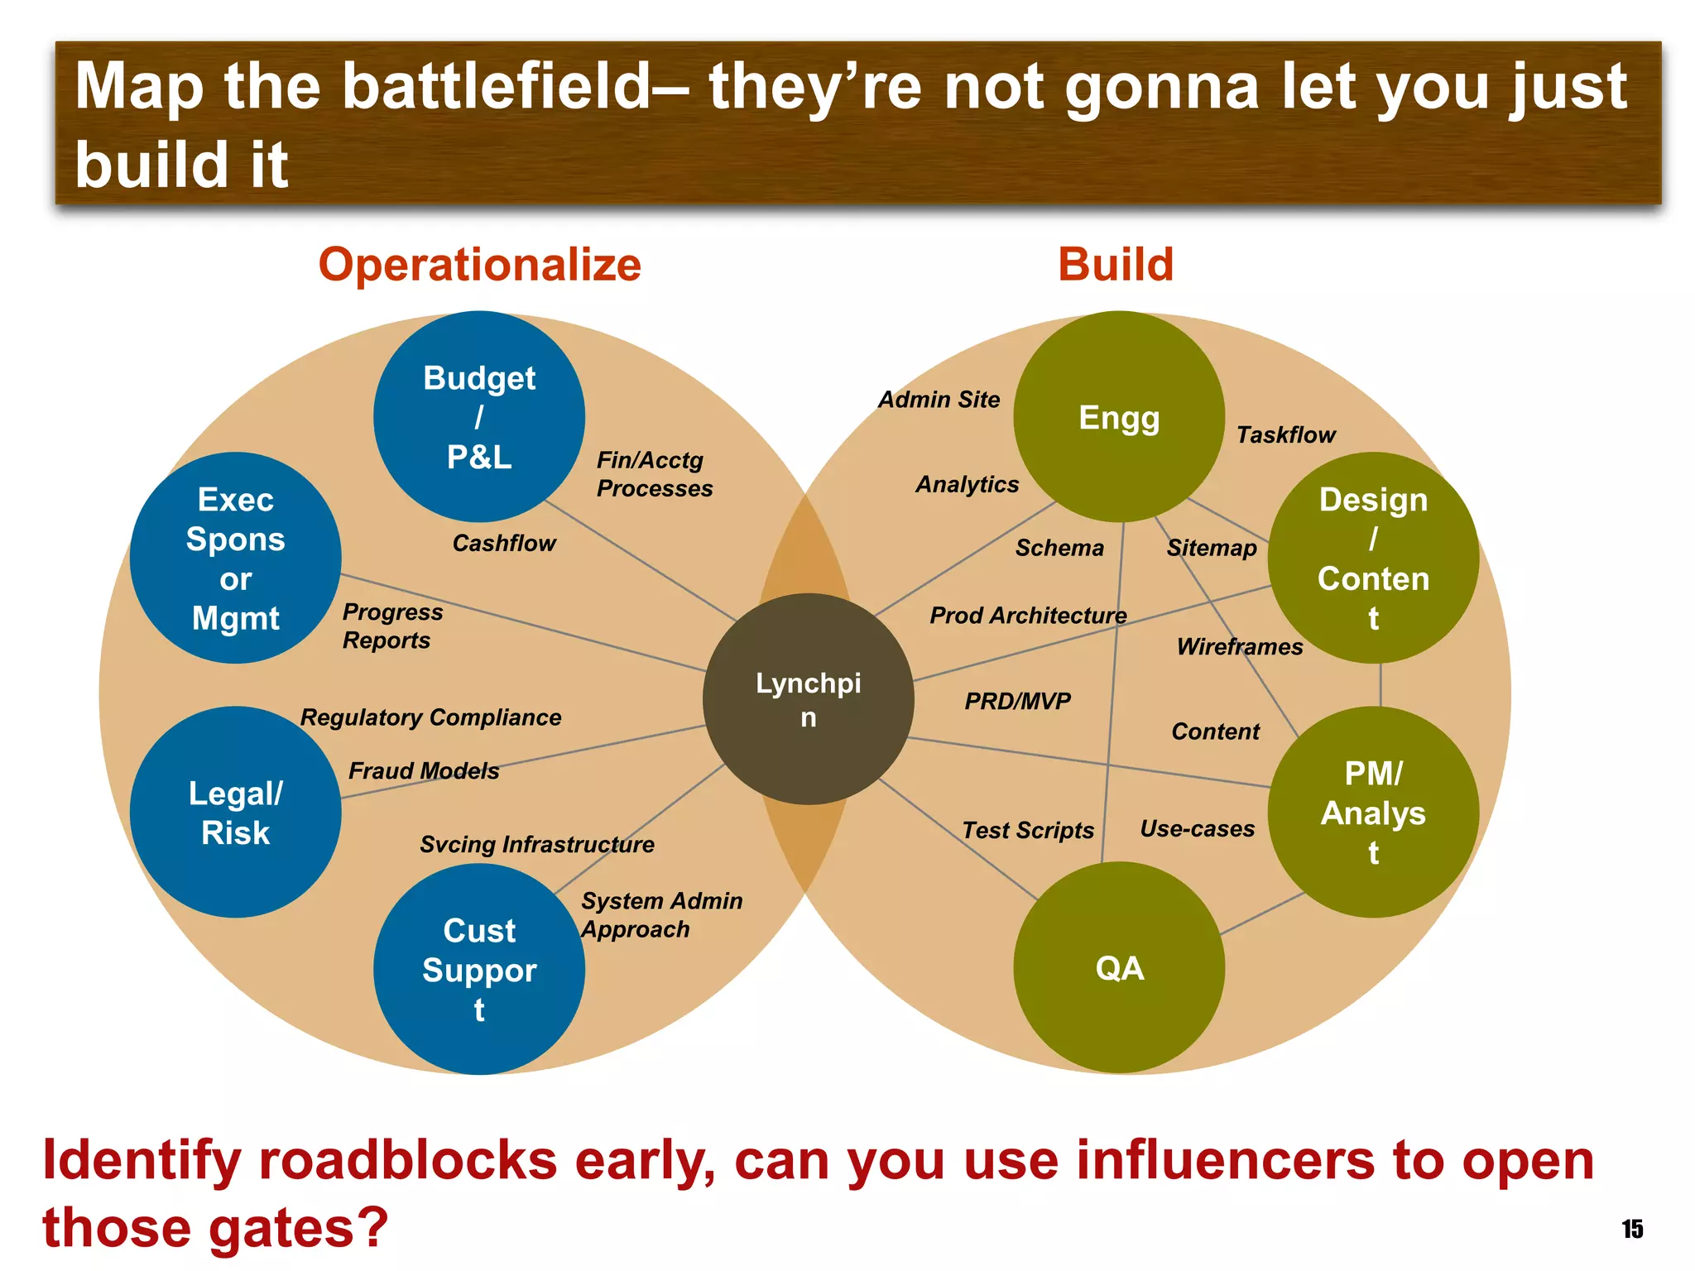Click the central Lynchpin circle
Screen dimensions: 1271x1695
click(809, 699)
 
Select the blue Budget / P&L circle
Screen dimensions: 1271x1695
click(479, 416)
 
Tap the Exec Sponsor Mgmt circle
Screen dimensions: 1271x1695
click(236, 558)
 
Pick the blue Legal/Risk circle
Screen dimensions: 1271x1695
click(236, 812)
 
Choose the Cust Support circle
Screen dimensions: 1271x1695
click(479, 969)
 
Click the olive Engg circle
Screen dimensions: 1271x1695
click(1119, 416)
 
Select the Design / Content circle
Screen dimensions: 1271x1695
click(1373, 558)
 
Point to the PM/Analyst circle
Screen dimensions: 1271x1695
click(1373, 812)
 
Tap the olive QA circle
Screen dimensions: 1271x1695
click(1119, 967)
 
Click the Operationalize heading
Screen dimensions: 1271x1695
click(480, 265)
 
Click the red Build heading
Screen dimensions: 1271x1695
click(1116, 265)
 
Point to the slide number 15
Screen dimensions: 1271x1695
click(1632, 1229)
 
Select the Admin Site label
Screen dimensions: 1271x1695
click(939, 400)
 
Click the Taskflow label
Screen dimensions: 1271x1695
click(1285, 434)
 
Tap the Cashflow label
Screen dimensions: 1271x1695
click(504, 543)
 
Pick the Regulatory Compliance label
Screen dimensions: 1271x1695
click(430, 717)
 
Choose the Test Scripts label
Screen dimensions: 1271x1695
click(1028, 830)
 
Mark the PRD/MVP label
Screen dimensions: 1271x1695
click(1017, 701)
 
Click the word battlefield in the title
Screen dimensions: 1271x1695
click(497, 86)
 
